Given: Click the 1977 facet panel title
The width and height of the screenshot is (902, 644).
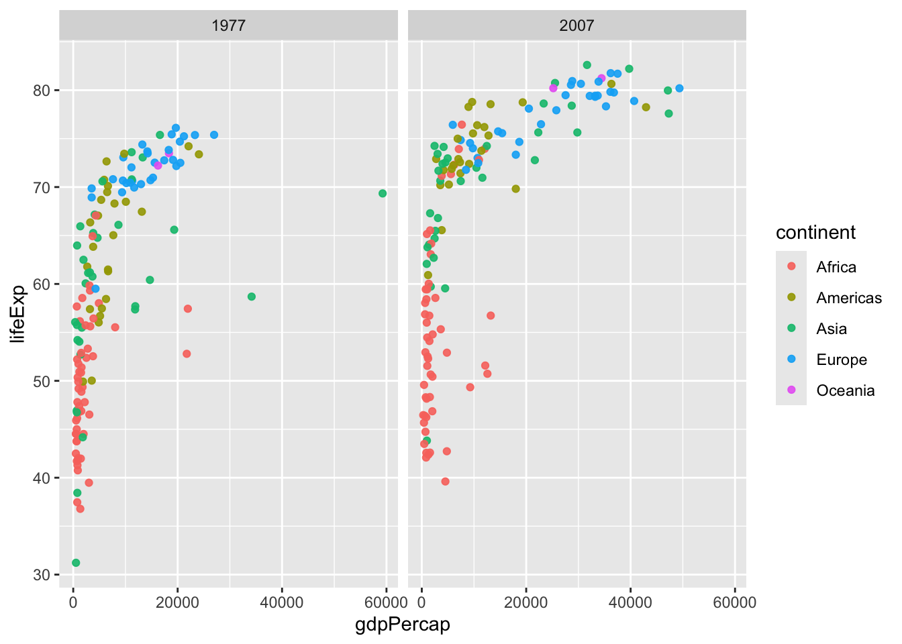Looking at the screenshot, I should [228, 25].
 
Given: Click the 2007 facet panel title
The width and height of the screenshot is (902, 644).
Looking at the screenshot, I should [577, 25].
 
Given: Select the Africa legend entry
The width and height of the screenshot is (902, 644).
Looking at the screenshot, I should [836, 267].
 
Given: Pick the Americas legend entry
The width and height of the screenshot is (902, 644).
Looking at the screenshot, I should [849, 298].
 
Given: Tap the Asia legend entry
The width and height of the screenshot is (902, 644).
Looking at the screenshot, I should [832, 329].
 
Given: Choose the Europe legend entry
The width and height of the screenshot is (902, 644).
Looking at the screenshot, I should [842, 360].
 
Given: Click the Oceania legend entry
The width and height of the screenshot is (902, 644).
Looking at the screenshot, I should [846, 390].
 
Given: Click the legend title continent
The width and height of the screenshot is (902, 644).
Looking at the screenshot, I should [815, 233].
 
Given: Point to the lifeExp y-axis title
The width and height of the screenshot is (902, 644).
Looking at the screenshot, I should [18, 313].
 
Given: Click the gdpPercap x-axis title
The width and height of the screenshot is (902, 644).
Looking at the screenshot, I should [403, 625].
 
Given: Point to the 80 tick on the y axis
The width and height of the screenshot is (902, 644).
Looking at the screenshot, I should [43, 91].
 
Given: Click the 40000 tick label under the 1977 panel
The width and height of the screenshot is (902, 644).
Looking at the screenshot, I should [282, 602].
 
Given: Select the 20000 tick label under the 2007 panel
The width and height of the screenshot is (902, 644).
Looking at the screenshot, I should [525, 602].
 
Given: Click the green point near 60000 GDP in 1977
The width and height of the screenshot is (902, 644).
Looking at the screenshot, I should [383, 193].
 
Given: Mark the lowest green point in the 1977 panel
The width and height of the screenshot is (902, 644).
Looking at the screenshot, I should [76, 563].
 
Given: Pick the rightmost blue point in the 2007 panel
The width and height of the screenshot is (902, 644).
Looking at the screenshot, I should [679, 89].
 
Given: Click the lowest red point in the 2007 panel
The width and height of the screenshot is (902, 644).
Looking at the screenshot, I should [445, 482].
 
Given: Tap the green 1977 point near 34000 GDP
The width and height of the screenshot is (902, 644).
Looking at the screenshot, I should [252, 297].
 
